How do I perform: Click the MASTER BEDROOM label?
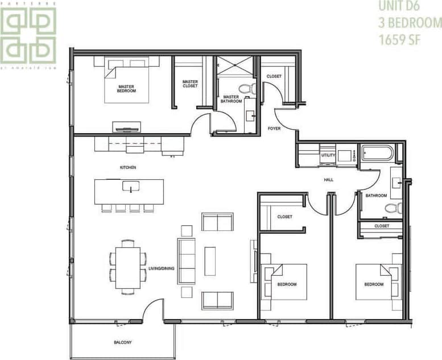point(126,88)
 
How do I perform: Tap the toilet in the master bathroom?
point(246,88)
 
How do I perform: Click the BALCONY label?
point(122,342)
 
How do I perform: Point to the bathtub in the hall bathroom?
point(377,154)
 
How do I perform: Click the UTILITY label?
point(328,155)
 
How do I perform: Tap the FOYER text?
point(274,129)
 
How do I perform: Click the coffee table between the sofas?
point(210,261)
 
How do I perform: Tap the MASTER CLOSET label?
point(190,84)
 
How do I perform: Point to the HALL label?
point(328,180)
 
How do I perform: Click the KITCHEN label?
point(127,168)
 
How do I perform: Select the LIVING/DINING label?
point(161,268)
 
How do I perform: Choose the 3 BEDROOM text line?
point(410,23)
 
